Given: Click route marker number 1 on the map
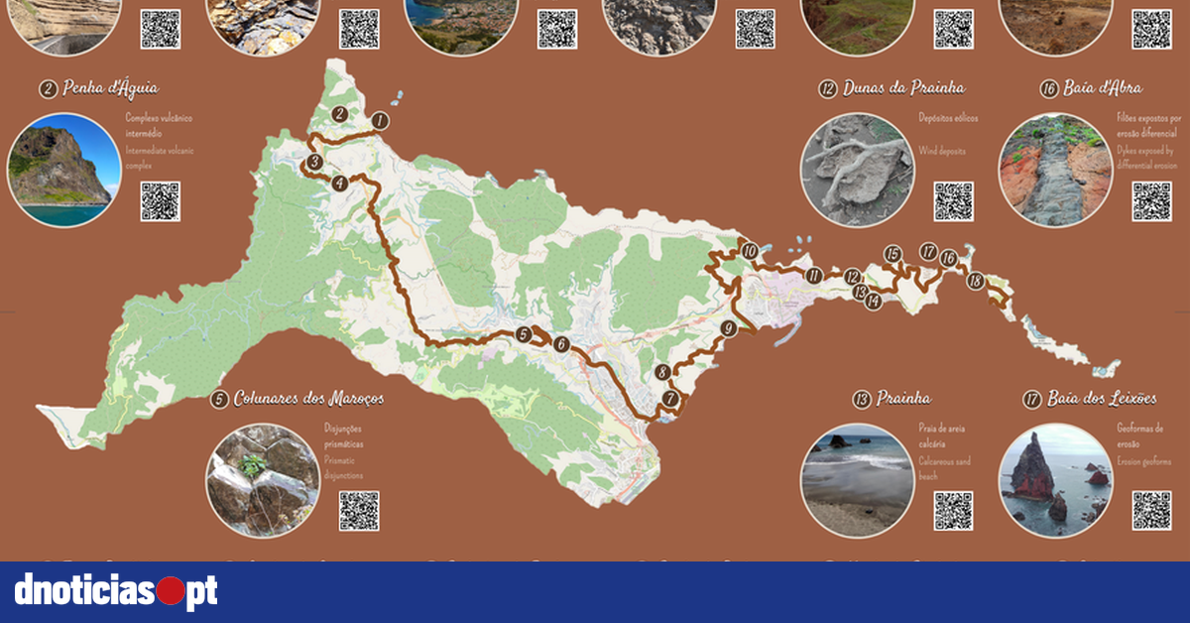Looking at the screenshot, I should click(x=379, y=121).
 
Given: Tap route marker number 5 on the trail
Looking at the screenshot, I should click(x=524, y=335).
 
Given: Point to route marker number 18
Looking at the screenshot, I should click(x=975, y=281).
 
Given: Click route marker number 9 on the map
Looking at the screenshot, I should click(x=729, y=328).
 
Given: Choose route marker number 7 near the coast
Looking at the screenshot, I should click(x=671, y=400).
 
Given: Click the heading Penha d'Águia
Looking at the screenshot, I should click(x=98, y=89).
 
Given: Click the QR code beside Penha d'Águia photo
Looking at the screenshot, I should click(x=160, y=201).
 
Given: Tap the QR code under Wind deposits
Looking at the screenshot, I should click(x=953, y=201).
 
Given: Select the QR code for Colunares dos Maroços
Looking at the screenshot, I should click(x=358, y=511).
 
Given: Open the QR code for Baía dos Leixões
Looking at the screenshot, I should click(x=1151, y=511).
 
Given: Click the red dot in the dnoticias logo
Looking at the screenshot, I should click(x=171, y=592).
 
